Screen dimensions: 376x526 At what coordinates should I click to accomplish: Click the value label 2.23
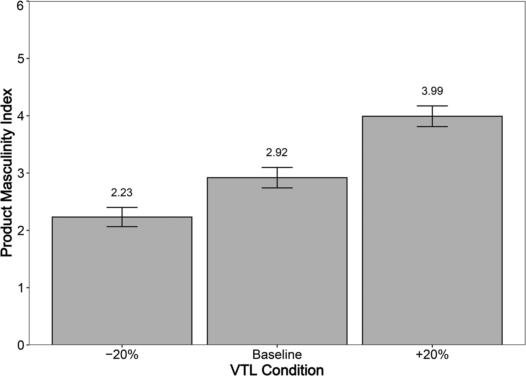tap(122, 193)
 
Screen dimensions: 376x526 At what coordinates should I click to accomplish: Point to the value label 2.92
tap(277, 153)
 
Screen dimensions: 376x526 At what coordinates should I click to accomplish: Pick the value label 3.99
tap(432, 91)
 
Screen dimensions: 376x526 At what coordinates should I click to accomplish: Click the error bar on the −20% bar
tap(122, 217)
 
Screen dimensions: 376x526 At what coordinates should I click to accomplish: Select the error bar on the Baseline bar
tap(277, 178)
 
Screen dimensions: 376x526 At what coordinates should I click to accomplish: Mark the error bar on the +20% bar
tap(432, 116)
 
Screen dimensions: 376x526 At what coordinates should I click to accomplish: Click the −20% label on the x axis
tap(122, 355)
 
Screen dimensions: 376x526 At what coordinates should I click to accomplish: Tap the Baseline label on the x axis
tap(277, 355)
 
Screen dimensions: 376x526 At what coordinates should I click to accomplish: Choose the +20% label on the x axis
tap(432, 355)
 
